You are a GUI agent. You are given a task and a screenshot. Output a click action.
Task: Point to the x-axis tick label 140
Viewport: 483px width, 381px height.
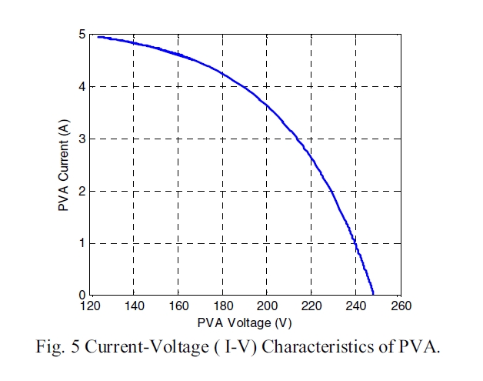pyautogui.click(x=134, y=306)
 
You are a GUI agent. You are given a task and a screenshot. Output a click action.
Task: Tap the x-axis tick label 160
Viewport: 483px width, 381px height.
pyautogui.click(x=178, y=306)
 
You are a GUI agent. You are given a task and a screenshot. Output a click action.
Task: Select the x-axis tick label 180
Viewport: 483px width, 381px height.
pyautogui.click(x=223, y=306)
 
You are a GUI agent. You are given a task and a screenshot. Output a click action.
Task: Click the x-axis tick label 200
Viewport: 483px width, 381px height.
pyautogui.click(x=267, y=306)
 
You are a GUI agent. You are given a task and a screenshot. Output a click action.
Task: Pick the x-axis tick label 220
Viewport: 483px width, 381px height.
pyautogui.click(x=311, y=306)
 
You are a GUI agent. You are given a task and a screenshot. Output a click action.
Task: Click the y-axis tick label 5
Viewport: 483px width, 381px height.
pyautogui.click(x=82, y=35)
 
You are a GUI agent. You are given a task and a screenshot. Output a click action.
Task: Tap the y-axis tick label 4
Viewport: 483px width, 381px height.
pyautogui.click(x=82, y=87)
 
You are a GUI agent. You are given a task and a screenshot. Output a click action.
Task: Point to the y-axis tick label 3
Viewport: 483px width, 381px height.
pyautogui.click(x=82, y=139)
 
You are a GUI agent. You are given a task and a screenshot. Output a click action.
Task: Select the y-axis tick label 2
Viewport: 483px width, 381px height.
pyautogui.click(x=82, y=192)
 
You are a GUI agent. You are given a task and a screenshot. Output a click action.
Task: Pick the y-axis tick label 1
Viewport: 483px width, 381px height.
pyautogui.click(x=82, y=244)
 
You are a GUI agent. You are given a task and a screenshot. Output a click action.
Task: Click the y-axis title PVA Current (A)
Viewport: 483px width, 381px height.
pyautogui.click(x=63, y=165)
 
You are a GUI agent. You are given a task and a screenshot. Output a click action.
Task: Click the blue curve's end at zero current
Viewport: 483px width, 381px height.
pyautogui.click(x=373, y=294)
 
